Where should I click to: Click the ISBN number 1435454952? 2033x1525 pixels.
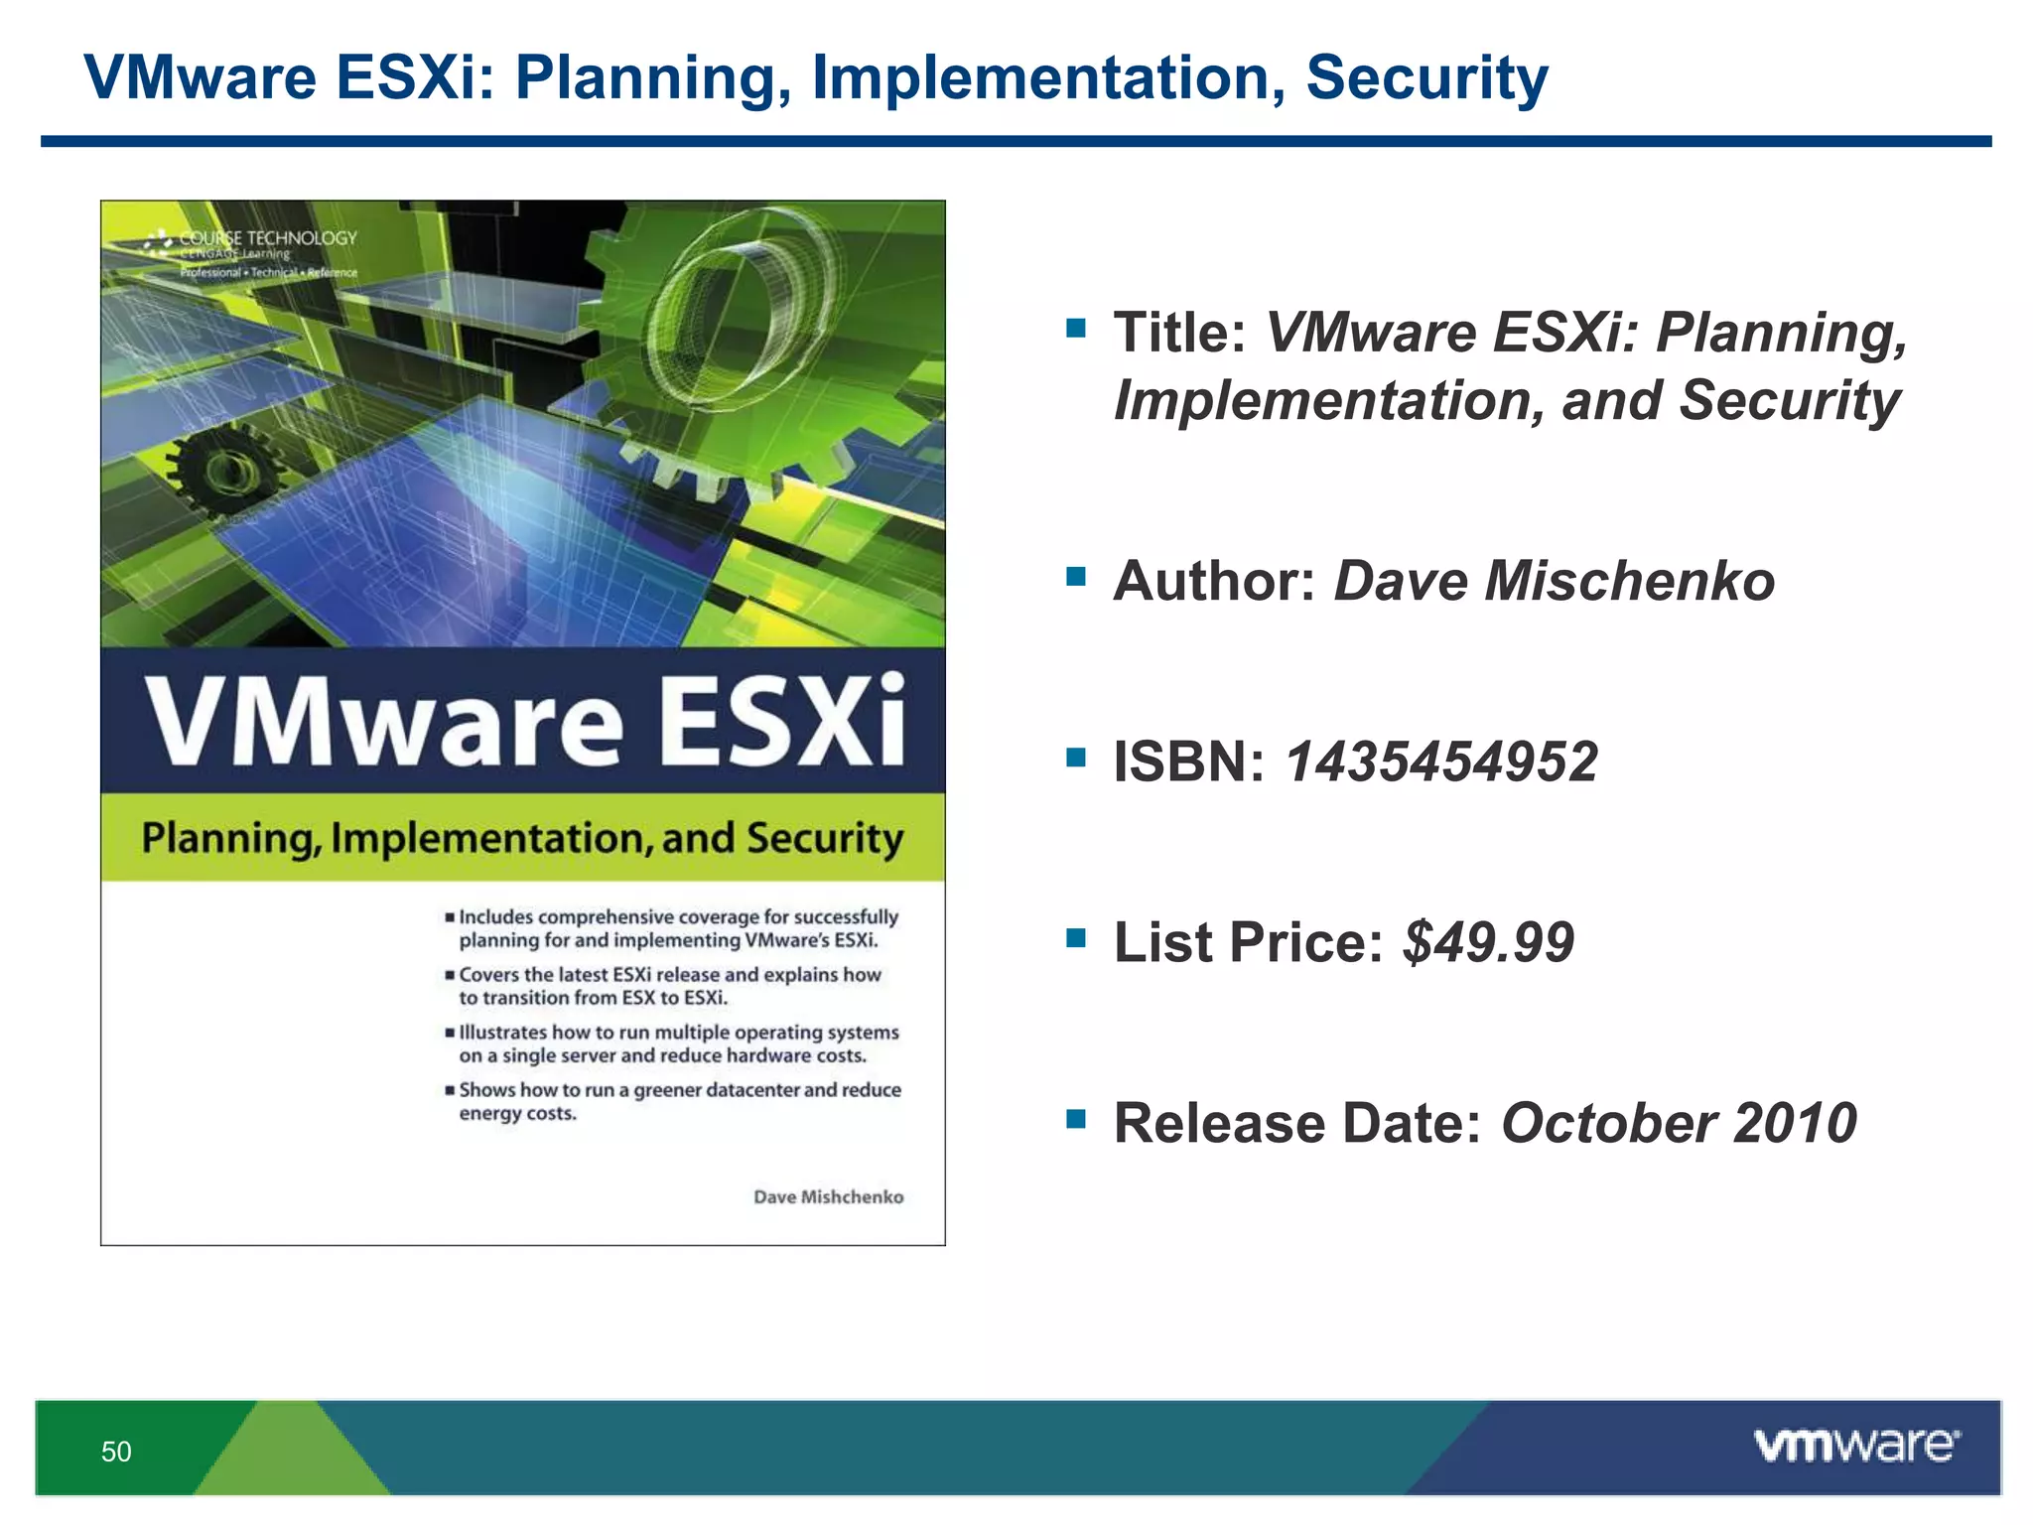1441,762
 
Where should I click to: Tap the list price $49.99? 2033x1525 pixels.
1488,942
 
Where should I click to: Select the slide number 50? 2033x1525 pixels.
116,1452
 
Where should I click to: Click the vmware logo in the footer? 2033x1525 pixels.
1856,1446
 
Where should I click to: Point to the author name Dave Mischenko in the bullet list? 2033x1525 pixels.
1554,581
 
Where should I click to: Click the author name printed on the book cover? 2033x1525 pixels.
828,1197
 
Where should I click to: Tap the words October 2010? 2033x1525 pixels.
1679,1123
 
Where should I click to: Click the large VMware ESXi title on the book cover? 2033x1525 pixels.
524,719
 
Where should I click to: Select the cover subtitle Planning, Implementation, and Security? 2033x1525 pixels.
522,838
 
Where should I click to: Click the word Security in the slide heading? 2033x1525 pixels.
1426,77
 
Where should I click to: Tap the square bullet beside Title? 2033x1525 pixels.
1076,328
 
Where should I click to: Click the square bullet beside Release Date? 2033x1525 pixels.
1076,1119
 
